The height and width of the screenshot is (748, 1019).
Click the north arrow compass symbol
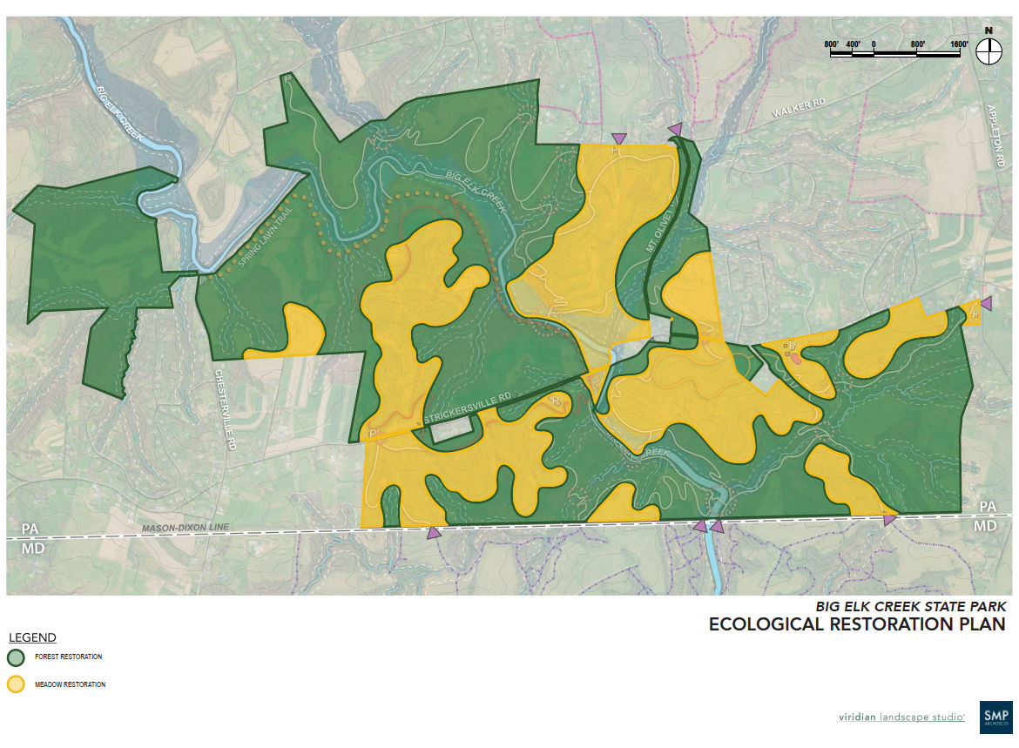989,51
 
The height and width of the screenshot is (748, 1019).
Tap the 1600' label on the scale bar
960,44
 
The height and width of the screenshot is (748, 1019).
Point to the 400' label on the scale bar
853,44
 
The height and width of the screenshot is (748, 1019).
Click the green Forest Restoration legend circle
16,657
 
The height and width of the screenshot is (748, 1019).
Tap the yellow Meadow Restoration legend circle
16,684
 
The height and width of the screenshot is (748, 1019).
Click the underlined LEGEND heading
32,637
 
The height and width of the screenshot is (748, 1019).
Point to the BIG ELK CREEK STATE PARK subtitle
910,606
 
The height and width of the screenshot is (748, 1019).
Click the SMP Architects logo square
995,716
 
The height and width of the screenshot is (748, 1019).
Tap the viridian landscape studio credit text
901,717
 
